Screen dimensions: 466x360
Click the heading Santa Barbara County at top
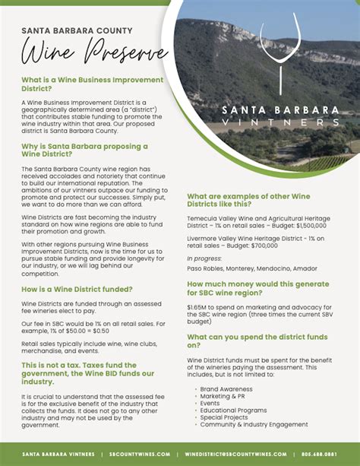[x=77, y=31]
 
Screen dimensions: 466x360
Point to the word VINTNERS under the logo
[x=282, y=122]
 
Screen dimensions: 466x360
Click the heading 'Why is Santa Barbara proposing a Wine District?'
[x=84, y=150]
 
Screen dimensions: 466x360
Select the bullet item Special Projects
[x=224, y=417]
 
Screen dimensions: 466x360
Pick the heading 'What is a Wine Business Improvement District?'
[x=92, y=84]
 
